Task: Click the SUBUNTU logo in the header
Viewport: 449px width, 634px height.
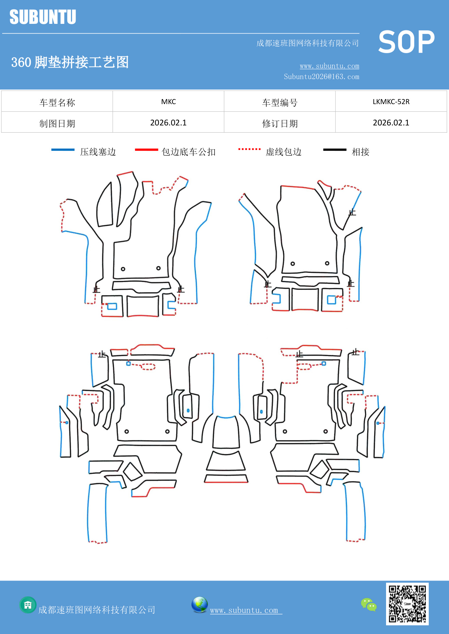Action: (x=43, y=17)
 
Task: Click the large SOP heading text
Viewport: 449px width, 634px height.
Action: (x=406, y=42)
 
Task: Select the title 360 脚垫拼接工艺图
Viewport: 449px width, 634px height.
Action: (x=70, y=62)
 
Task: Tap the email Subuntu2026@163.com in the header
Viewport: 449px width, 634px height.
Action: (x=321, y=77)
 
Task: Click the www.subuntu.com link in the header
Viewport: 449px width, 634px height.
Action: (x=329, y=66)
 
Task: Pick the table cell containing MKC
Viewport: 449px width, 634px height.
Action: (x=168, y=102)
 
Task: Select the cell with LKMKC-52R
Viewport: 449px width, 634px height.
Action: (x=391, y=102)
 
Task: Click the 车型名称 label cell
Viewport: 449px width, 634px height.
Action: (x=57, y=102)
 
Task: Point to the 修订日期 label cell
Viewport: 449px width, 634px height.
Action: (x=280, y=123)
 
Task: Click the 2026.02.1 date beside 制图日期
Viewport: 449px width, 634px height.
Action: (x=168, y=123)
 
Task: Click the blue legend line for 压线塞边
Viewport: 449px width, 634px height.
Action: (x=63, y=150)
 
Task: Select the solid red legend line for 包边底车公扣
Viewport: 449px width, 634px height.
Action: (x=146, y=150)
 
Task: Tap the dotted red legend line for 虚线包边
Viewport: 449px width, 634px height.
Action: (x=249, y=149)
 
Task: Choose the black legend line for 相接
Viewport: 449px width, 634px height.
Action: (x=335, y=150)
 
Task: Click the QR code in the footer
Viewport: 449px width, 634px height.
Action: (x=407, y=604)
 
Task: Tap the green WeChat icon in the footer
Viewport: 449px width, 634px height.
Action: (x=369, y=605)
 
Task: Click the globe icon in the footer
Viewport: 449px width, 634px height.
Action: (x=199, y=605)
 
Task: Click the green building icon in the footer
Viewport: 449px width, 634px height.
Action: (x=28, y=605)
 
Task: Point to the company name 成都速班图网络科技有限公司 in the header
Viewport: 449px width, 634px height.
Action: (x=308, y=43)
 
